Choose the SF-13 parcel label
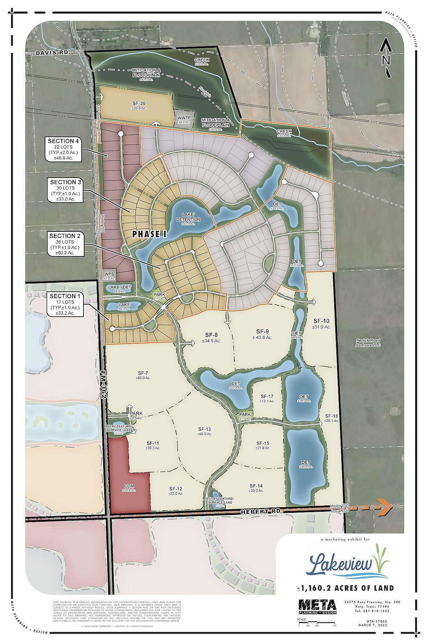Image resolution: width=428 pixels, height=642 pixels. [x=204, y=431]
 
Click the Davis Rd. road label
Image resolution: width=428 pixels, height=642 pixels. [x=52, y=52]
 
